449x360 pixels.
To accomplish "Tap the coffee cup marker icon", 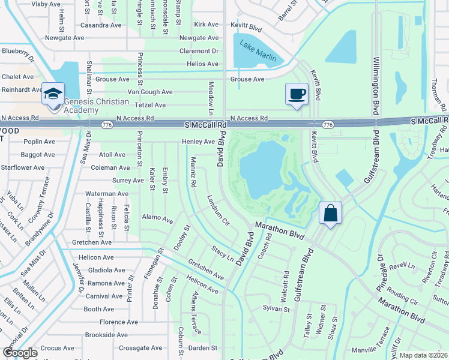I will coord(296,94).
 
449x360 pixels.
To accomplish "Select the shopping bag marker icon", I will coord(330,213).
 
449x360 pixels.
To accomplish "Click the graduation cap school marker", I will coord(53,94).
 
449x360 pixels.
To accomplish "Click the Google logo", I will coord(20,353).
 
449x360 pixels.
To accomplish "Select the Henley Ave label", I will coord(198,142).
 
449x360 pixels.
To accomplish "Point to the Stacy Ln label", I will coord(222,253).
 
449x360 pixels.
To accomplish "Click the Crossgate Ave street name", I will coord(140,347).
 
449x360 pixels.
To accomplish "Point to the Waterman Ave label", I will coord(107,194).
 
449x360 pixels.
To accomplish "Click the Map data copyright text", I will coord(423,355).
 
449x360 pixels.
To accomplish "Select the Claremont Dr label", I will coord(198,51).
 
